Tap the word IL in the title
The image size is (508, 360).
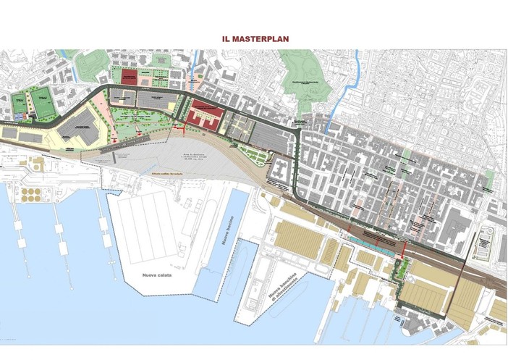click(227, 34)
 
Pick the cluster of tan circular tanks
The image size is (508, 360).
click(32, 194)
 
